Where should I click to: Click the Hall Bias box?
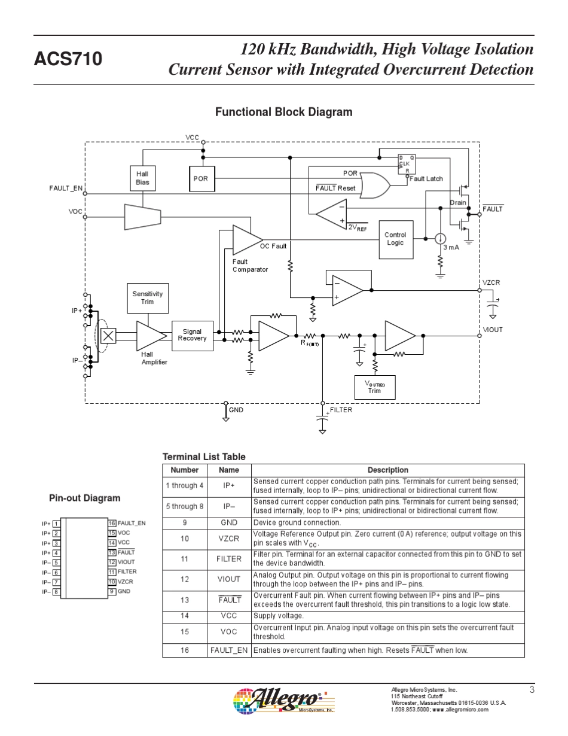[142, 178]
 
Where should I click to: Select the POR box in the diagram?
[200, 178]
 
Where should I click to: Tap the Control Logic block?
[395, 239]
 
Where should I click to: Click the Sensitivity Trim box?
[147, 298]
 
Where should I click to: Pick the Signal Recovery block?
[192, 335]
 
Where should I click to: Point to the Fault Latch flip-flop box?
[407, 164]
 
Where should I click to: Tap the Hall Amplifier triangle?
[150, 336]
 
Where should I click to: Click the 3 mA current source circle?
[440, 239]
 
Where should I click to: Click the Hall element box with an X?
[108, 336]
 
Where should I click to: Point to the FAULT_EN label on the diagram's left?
[66, 188]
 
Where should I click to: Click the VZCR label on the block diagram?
[491, 282]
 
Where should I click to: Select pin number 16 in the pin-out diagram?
[111, 524]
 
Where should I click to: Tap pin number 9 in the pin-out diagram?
[111, 592]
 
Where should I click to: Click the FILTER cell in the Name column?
[229, 559]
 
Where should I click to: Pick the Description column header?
[387, 470]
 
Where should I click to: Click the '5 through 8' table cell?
[185, 506]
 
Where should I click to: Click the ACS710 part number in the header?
[68, 59]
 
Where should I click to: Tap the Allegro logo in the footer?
[284, 700]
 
